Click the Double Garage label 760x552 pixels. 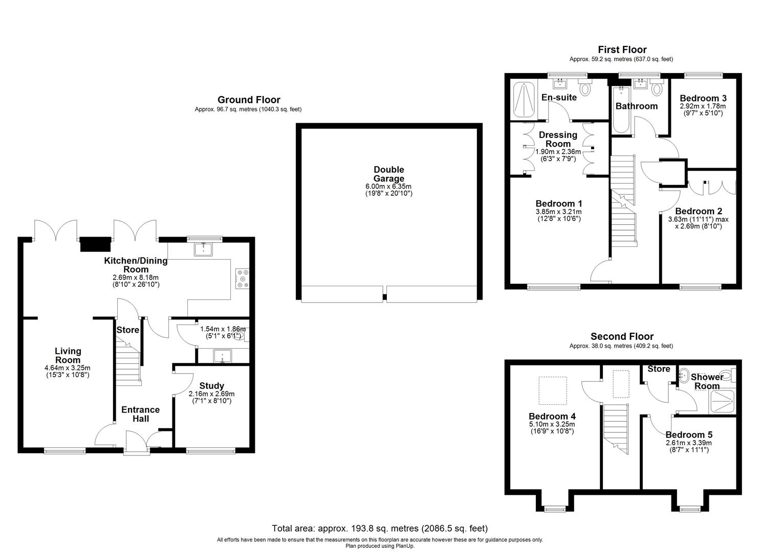pos(388,174)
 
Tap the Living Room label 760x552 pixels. pos(68,355)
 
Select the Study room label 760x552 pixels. pos(211,386)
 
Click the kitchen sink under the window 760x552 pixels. pos(204,249)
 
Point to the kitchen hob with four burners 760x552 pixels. pos(242,279)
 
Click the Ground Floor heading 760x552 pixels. pos(249,100)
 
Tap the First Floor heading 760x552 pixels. pos(622,50)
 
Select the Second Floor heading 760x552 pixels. pos(622,336)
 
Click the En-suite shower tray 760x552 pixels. pos(523,100)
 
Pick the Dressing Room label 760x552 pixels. pos(558,139)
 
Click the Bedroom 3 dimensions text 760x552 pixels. pos(703,109)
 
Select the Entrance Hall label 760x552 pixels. pos(141,414)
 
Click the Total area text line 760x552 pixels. pos(379,528)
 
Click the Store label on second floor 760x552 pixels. pos(659,369)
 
